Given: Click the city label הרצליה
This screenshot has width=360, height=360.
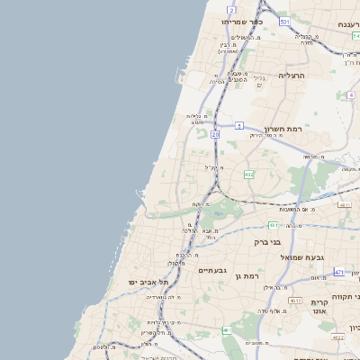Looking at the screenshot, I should (x=292, y=76).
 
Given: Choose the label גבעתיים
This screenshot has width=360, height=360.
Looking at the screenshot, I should (x=213, y=269).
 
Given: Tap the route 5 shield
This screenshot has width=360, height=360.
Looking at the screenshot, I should (x=239, y=125).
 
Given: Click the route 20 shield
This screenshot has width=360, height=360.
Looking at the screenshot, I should (x=215, y=134).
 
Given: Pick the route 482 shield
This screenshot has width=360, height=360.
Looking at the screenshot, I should (x=248, y=175).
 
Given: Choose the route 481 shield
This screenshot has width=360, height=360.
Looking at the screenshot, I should (x=272, y=224).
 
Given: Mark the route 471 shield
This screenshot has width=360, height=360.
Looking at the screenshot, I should (x=339, y=271).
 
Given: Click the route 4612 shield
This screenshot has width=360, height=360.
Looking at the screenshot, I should (x=295, y=301).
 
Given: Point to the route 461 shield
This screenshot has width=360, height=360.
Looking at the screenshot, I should (x=227, y=331).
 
